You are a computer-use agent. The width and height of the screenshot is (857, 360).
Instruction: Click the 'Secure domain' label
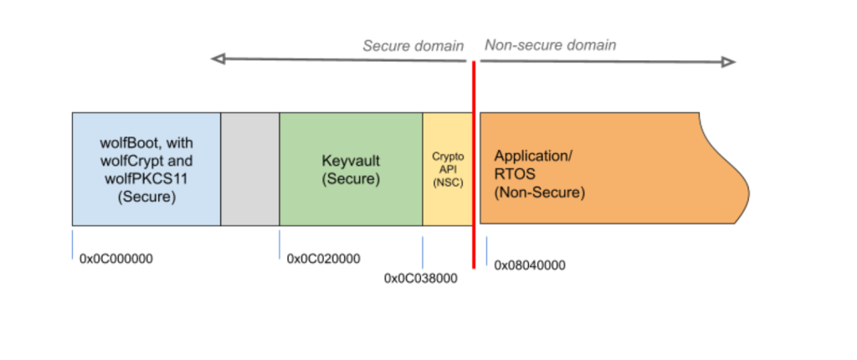[x=413, y=45]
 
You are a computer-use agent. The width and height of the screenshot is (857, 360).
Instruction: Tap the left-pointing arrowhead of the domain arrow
[x=217, y=59]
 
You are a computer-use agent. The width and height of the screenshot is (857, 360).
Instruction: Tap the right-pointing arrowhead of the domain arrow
[x=730, y=61]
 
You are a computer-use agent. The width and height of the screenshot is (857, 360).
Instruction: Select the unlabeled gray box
[x=250, y=169]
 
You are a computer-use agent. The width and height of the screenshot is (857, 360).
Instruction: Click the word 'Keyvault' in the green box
[x=351, y=160]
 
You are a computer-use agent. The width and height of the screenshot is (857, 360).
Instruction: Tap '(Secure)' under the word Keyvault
[x=351, y=178]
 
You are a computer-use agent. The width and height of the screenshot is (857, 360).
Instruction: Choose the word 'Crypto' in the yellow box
[x=448, y=157]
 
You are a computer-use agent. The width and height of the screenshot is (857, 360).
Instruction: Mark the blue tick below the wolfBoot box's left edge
[x=73, y=244]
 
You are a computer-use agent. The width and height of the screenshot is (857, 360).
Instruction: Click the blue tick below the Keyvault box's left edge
[x=280, y=244]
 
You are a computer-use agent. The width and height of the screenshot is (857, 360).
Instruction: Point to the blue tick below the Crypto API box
[x=423, y=252]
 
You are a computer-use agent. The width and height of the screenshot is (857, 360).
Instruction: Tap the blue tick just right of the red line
[x=486, y=251]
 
